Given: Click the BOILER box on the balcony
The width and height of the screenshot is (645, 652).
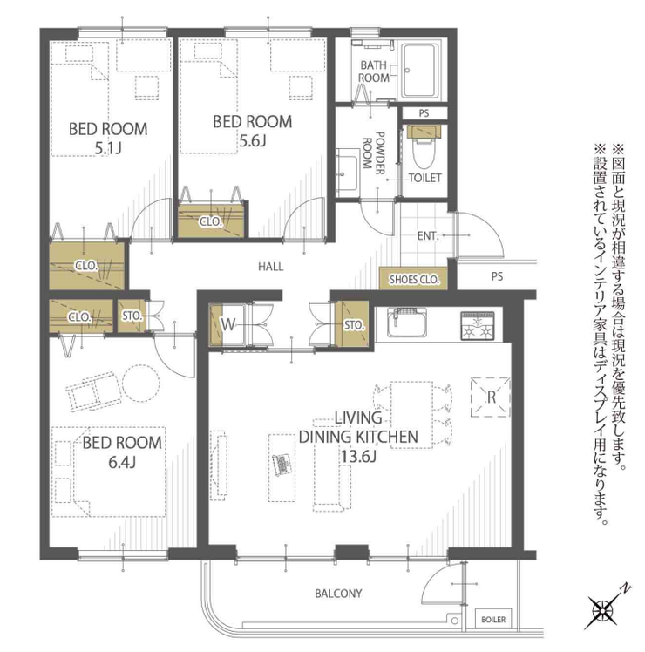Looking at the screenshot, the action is (493, 620).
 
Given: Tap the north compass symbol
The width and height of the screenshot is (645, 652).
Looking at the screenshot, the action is (602, 608).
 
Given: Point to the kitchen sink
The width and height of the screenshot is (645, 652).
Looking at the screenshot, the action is (407, 323).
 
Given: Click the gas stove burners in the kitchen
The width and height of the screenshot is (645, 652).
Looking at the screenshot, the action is (478, 326).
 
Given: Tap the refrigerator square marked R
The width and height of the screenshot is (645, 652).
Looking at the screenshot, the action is (491, 397).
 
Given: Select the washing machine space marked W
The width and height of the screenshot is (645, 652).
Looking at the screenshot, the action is (227, 325).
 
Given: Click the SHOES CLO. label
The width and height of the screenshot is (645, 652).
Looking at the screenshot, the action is (414, 280).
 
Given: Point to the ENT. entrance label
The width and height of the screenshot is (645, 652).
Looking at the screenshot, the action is (428, 236).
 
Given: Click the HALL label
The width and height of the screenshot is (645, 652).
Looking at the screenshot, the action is (271, 267).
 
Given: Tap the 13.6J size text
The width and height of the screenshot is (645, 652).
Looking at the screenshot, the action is (358, 456).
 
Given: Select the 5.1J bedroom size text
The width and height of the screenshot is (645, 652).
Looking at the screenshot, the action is (108, 148).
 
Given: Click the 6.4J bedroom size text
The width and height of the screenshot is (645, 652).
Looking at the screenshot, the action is (122, 462).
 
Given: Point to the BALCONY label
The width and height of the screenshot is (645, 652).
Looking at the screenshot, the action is (338, 594).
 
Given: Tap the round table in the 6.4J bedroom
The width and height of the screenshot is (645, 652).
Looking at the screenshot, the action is (141, 383).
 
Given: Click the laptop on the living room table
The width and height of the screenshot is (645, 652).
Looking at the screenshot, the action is (282, 463).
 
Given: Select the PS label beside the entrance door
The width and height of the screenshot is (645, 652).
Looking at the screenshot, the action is (497, 276).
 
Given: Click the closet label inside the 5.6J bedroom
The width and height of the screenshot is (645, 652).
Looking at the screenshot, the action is (211, 221).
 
